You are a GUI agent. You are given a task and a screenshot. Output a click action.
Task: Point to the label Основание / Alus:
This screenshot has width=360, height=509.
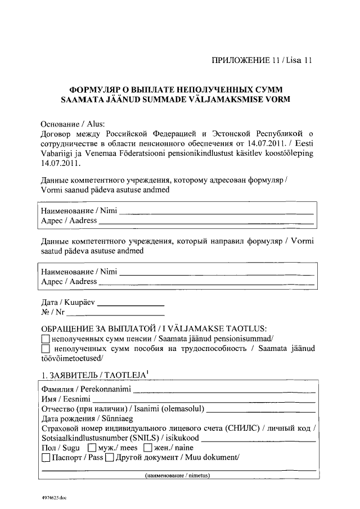click(74, 124)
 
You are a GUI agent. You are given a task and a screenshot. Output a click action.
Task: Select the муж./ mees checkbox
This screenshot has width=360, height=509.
click(92, 448)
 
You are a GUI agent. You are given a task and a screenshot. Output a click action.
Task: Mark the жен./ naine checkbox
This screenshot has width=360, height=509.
click(148, 448)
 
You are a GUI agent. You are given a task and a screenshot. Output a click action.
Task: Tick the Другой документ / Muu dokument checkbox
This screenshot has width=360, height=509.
click(110, 458)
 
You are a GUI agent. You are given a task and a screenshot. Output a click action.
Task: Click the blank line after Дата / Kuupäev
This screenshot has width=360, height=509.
click(131, 304)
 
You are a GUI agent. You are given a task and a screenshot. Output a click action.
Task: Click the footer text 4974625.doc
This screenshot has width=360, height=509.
click(53, 498)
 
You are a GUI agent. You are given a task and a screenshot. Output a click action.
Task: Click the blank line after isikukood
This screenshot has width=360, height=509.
click(258, 439)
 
